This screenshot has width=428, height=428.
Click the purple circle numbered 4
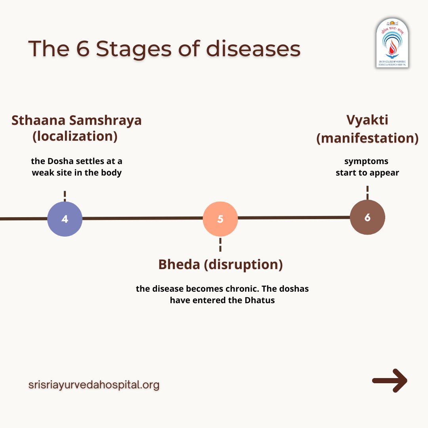(65, 219)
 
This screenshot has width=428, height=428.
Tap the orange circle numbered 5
(220, 219)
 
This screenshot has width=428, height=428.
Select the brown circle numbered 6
(367, 218)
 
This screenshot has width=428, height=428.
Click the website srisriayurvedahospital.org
(94, 384)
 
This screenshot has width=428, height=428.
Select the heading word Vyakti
(367, 120)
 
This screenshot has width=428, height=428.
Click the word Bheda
(179, 264)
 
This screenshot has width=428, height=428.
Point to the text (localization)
(75, 136)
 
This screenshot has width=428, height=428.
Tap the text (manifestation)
(367, 138)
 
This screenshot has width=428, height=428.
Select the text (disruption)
(243, 264)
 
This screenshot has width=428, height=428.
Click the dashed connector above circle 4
(65, 196)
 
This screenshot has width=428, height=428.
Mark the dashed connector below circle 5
(220, 244)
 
